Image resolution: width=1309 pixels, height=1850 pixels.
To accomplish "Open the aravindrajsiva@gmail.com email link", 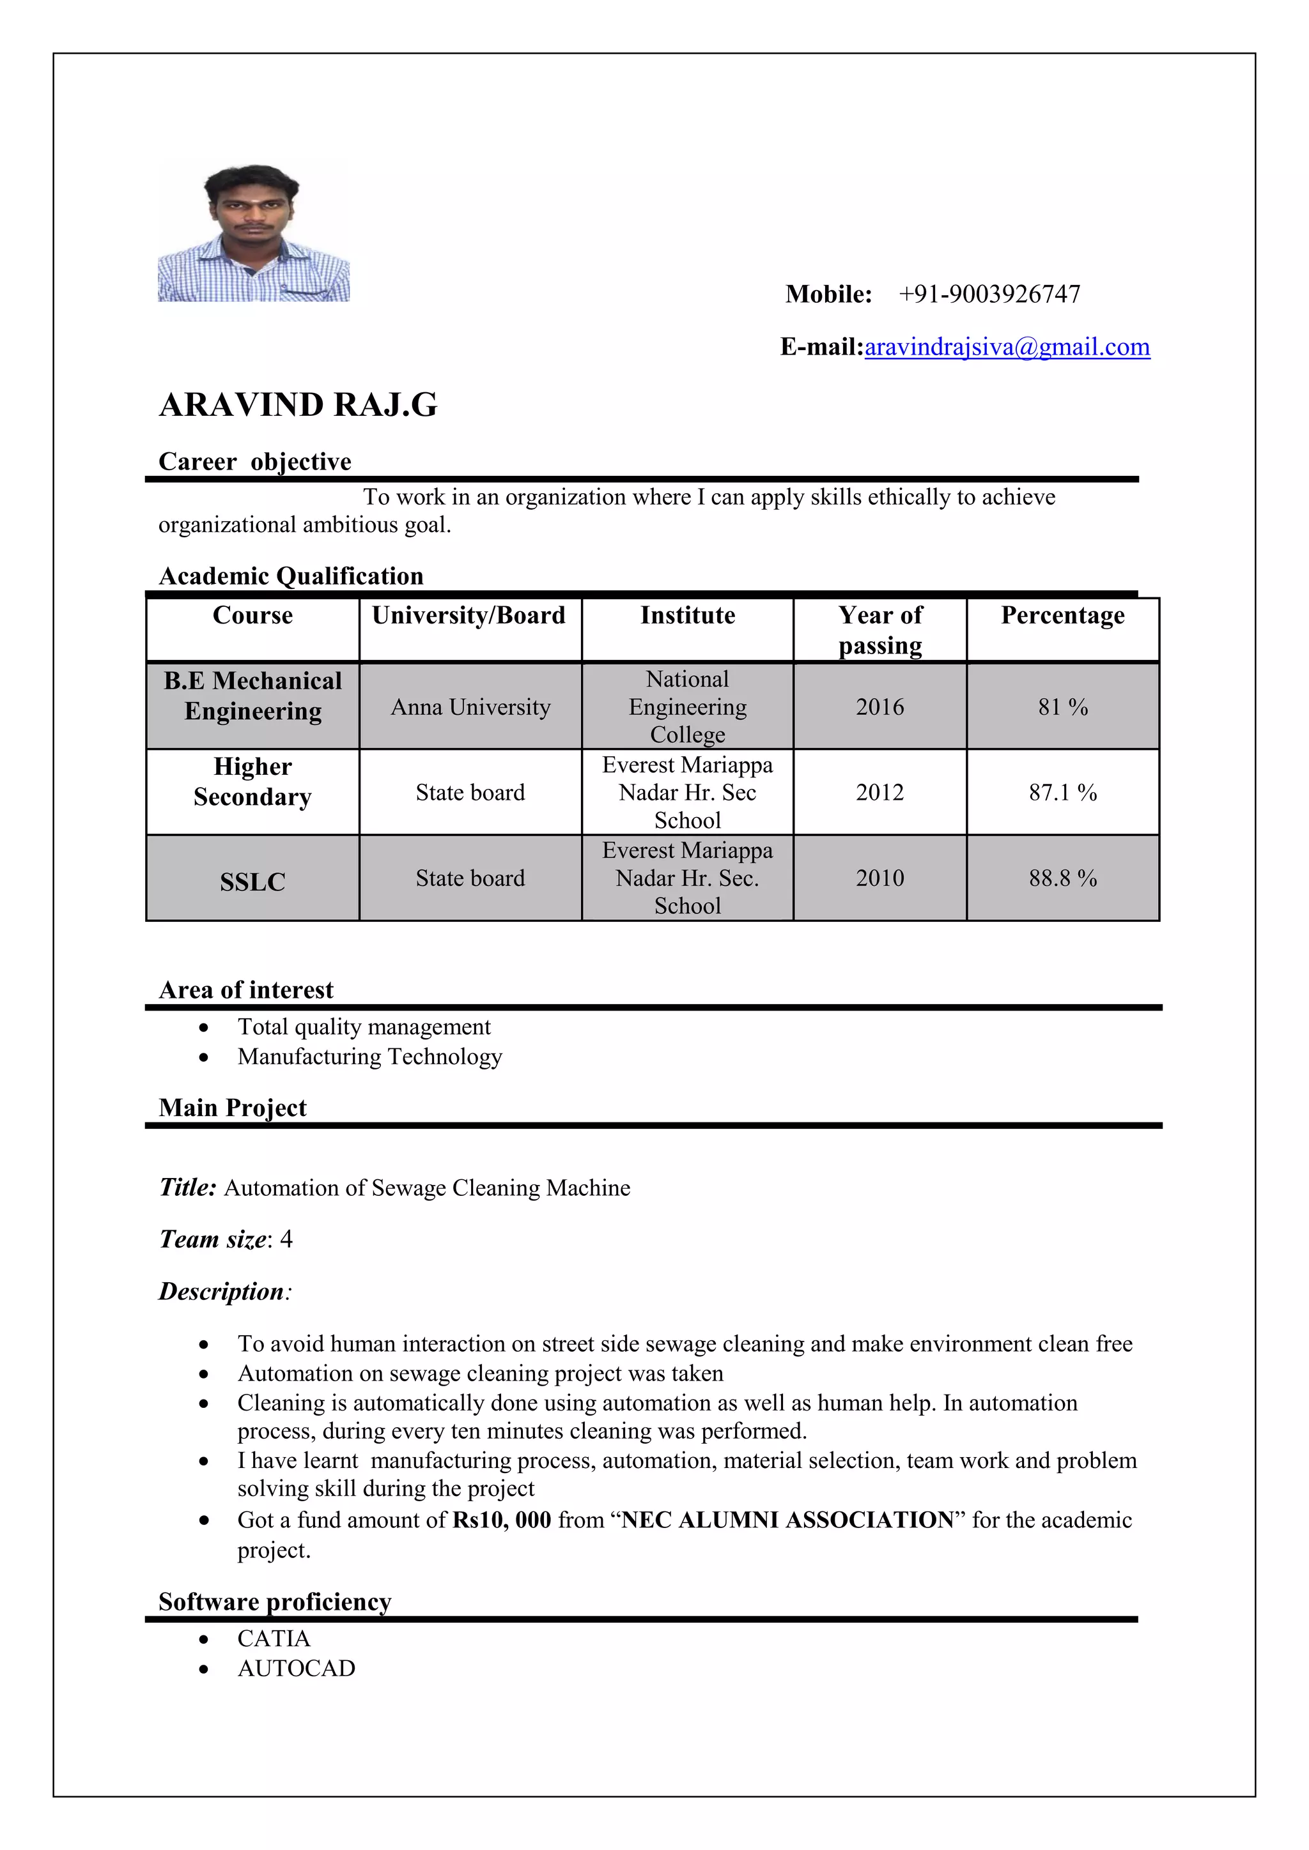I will pyautogui.click(x=1007, y=348).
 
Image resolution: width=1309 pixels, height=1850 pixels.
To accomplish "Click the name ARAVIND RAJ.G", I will pyautogui.click(x=298, y=405).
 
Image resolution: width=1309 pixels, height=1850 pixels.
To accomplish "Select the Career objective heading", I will pyautogui.click(x=255, y=462).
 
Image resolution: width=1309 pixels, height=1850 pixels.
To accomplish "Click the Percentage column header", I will pyautogui.click(x=1062, y=616).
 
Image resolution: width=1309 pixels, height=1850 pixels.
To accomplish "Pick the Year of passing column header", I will pyautogui.click(x=879, y=630).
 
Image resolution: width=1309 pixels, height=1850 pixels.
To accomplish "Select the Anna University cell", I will pyautogui.click(x=470, y=707).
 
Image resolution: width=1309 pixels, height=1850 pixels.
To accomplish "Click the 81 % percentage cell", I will pyautogui.click(x=1062, y=707).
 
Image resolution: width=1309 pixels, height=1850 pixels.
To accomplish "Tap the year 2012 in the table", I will pyautogui.click(x=879, y=793).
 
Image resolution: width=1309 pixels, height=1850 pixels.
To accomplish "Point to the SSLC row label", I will pyautogui.click(x=252, y=882).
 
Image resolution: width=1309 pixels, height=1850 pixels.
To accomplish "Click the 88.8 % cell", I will pyautogui.click(x=1062, y=878).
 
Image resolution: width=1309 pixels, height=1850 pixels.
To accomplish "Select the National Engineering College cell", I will pyautogui.click(x=688, y=707).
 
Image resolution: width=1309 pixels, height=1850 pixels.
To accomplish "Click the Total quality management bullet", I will pyautogui.click(x=364, y=1027).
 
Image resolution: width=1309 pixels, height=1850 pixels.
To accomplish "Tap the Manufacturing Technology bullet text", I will pyautogui.click(x=369, y=1057).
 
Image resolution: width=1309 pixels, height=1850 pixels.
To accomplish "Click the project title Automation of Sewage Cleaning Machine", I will pyautogui.click(x=426, y=1188).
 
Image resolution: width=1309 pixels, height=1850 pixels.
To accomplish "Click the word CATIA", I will pyautogui.click(x=274, y=1639).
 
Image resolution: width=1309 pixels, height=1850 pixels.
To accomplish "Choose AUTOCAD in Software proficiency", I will pyautogui.click(x=296, y=1669).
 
